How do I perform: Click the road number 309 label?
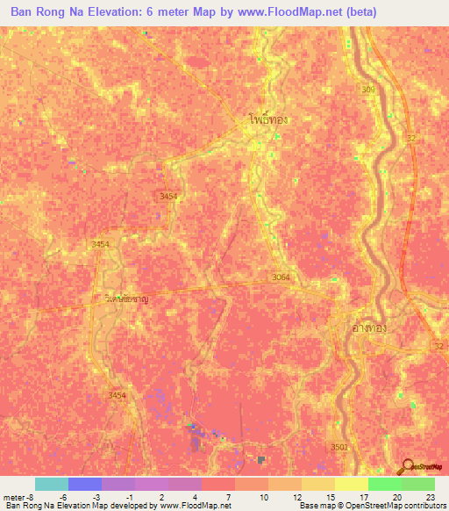pos(366,90)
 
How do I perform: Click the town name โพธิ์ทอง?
pos(267,118)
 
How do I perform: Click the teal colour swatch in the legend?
pos(51,484)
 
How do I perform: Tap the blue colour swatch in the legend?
pos(84,484)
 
